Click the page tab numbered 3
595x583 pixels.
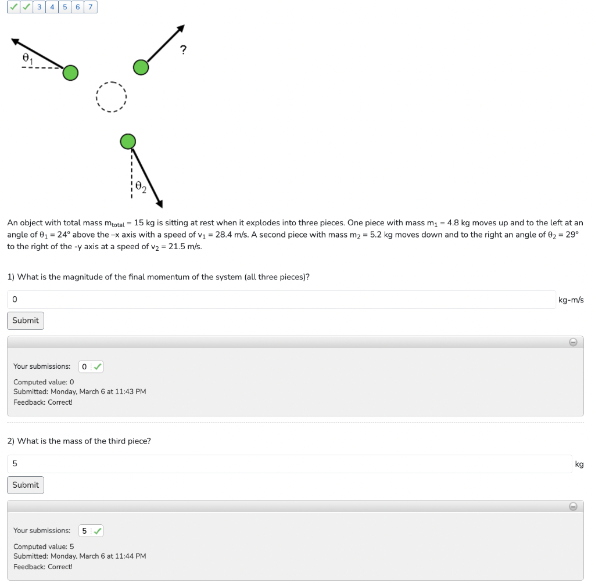39,7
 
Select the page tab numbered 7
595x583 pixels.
91,7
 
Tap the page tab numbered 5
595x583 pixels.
65,7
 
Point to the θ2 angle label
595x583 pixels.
140,186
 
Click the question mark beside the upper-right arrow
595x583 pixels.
184,50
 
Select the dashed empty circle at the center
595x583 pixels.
111,96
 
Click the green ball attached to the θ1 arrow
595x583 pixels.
70,73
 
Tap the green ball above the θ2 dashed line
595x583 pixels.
128,141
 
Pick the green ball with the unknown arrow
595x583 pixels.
141,67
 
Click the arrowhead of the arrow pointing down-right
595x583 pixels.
159,203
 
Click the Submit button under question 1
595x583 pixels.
26,321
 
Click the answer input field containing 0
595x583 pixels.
281,300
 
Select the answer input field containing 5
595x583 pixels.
289,464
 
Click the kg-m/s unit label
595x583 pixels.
571,300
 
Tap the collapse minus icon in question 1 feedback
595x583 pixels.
573,342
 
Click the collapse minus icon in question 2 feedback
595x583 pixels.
573,506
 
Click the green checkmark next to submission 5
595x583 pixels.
98,531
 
